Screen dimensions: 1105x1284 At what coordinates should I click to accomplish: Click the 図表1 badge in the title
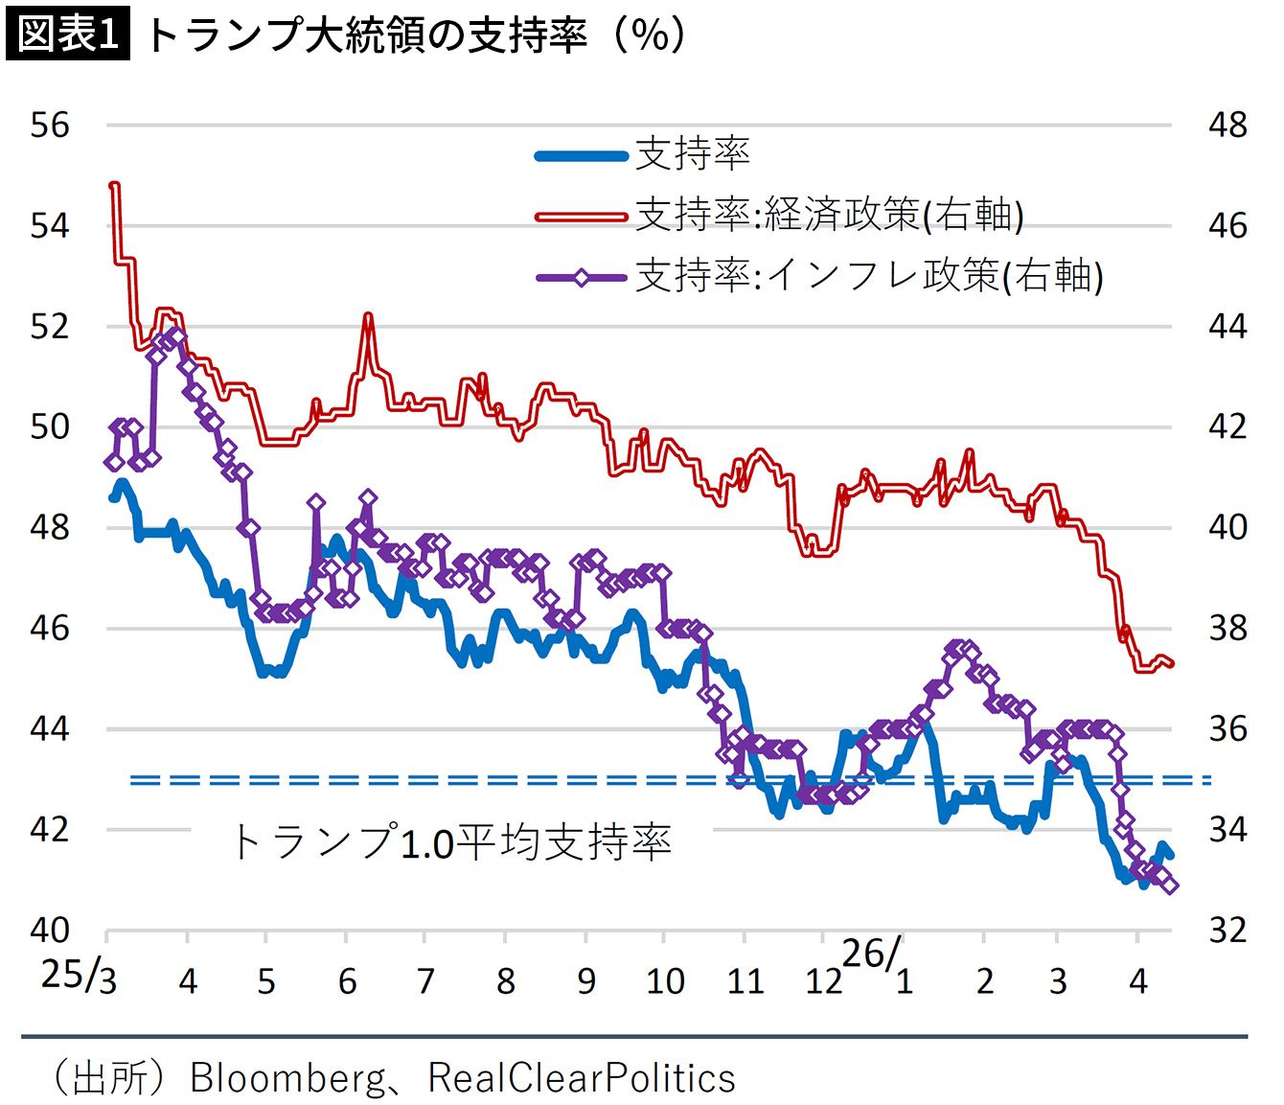click(68, 35)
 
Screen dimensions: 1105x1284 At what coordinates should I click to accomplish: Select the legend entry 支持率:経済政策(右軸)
click(830, 215)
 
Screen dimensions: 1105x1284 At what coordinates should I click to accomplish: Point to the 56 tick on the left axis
click(50, 125)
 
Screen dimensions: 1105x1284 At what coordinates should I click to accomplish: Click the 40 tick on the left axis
click(50, 930)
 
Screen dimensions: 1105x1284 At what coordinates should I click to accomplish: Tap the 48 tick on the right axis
click(1227, 125)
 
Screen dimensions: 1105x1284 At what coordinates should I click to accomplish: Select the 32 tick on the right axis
click(1227, 930)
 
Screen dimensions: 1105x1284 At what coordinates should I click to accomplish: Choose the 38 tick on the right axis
click(1227, 629)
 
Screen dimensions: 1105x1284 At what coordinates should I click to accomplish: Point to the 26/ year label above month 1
click(871, 954)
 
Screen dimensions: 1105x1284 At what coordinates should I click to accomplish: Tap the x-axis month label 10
click(665, 981)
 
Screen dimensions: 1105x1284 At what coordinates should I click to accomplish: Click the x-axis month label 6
click(347, 981)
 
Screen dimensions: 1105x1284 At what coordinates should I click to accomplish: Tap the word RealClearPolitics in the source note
click(582, 1078)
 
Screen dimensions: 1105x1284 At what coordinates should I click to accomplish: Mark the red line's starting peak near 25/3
click(115, 185)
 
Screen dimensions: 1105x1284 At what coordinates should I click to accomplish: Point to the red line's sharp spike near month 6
click(368, 315)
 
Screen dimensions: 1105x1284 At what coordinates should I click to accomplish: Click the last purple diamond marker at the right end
click(1170, 886)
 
